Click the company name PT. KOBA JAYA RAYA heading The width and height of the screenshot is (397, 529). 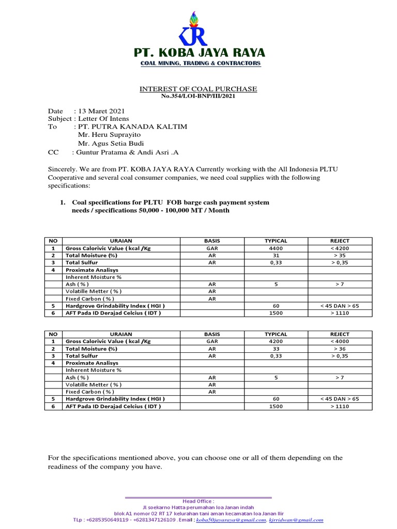coord(199,53)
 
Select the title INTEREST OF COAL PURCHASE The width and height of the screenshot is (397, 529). coord(198,89)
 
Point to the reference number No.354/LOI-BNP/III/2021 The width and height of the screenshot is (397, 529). coord(198,96)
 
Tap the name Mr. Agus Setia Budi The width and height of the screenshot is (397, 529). coord(111,143)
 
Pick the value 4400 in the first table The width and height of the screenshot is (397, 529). coord(276,248)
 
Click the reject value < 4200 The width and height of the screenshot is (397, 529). coord(340,248)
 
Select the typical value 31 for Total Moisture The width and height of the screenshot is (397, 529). coord(276,256)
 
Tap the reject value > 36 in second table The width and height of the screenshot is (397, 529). coord(340,349)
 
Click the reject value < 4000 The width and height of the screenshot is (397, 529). coord(340,341)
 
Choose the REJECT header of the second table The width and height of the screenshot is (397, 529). coord(340,334)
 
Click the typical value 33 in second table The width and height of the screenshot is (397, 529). coord(276,349)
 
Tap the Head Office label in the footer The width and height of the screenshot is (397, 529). coord(198,501)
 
